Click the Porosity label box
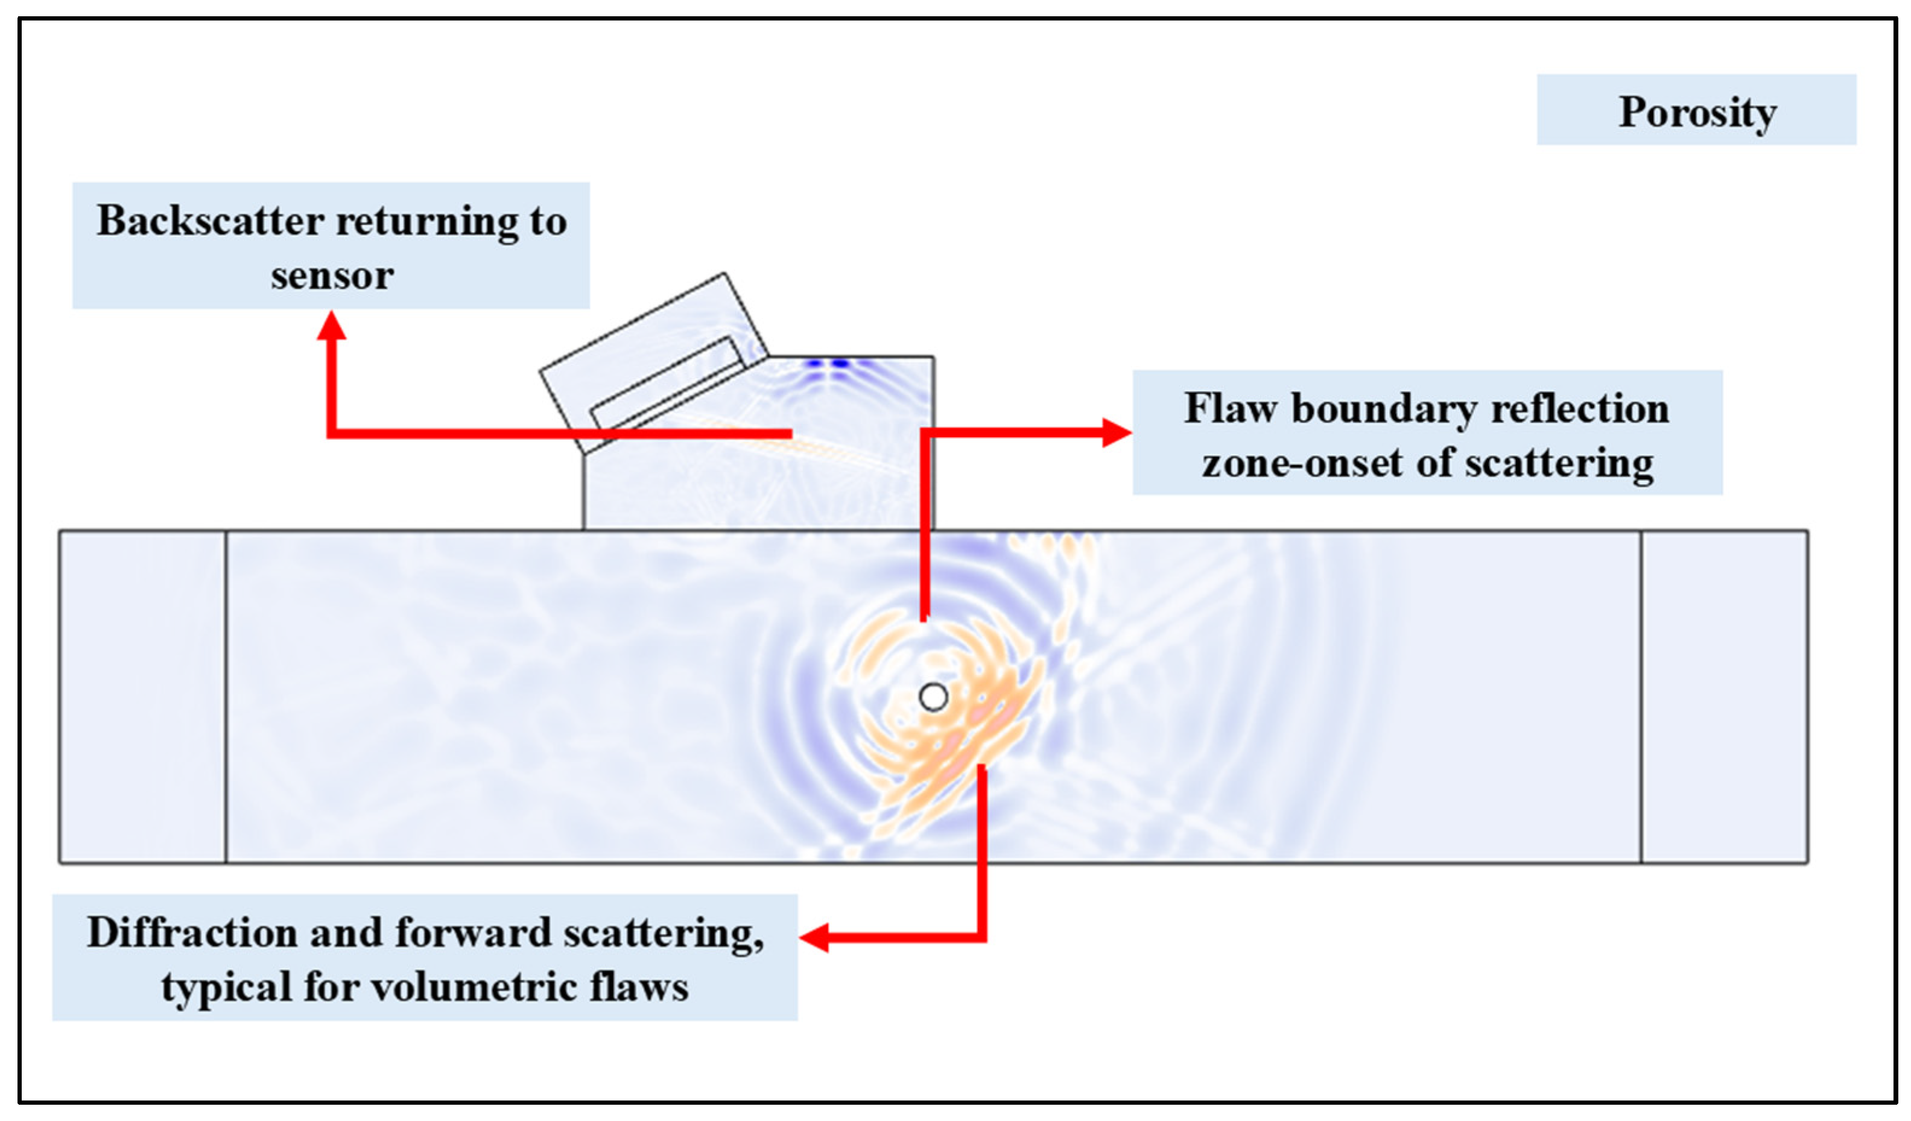pyautogui.click(x=1696, y=110)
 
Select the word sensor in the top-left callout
pyautogui.click(x=332, y=275)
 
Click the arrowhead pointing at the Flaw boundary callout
pyautogui.click(x=1117, y=433)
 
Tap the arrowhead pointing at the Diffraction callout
pyautogui.click(x=814, y=938)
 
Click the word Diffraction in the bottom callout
pyautogui.click(x=192, y=932)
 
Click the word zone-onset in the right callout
pyautogui.click(x=1303, y=463)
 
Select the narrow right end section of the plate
pyautogui.click(x=1723, y=696)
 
